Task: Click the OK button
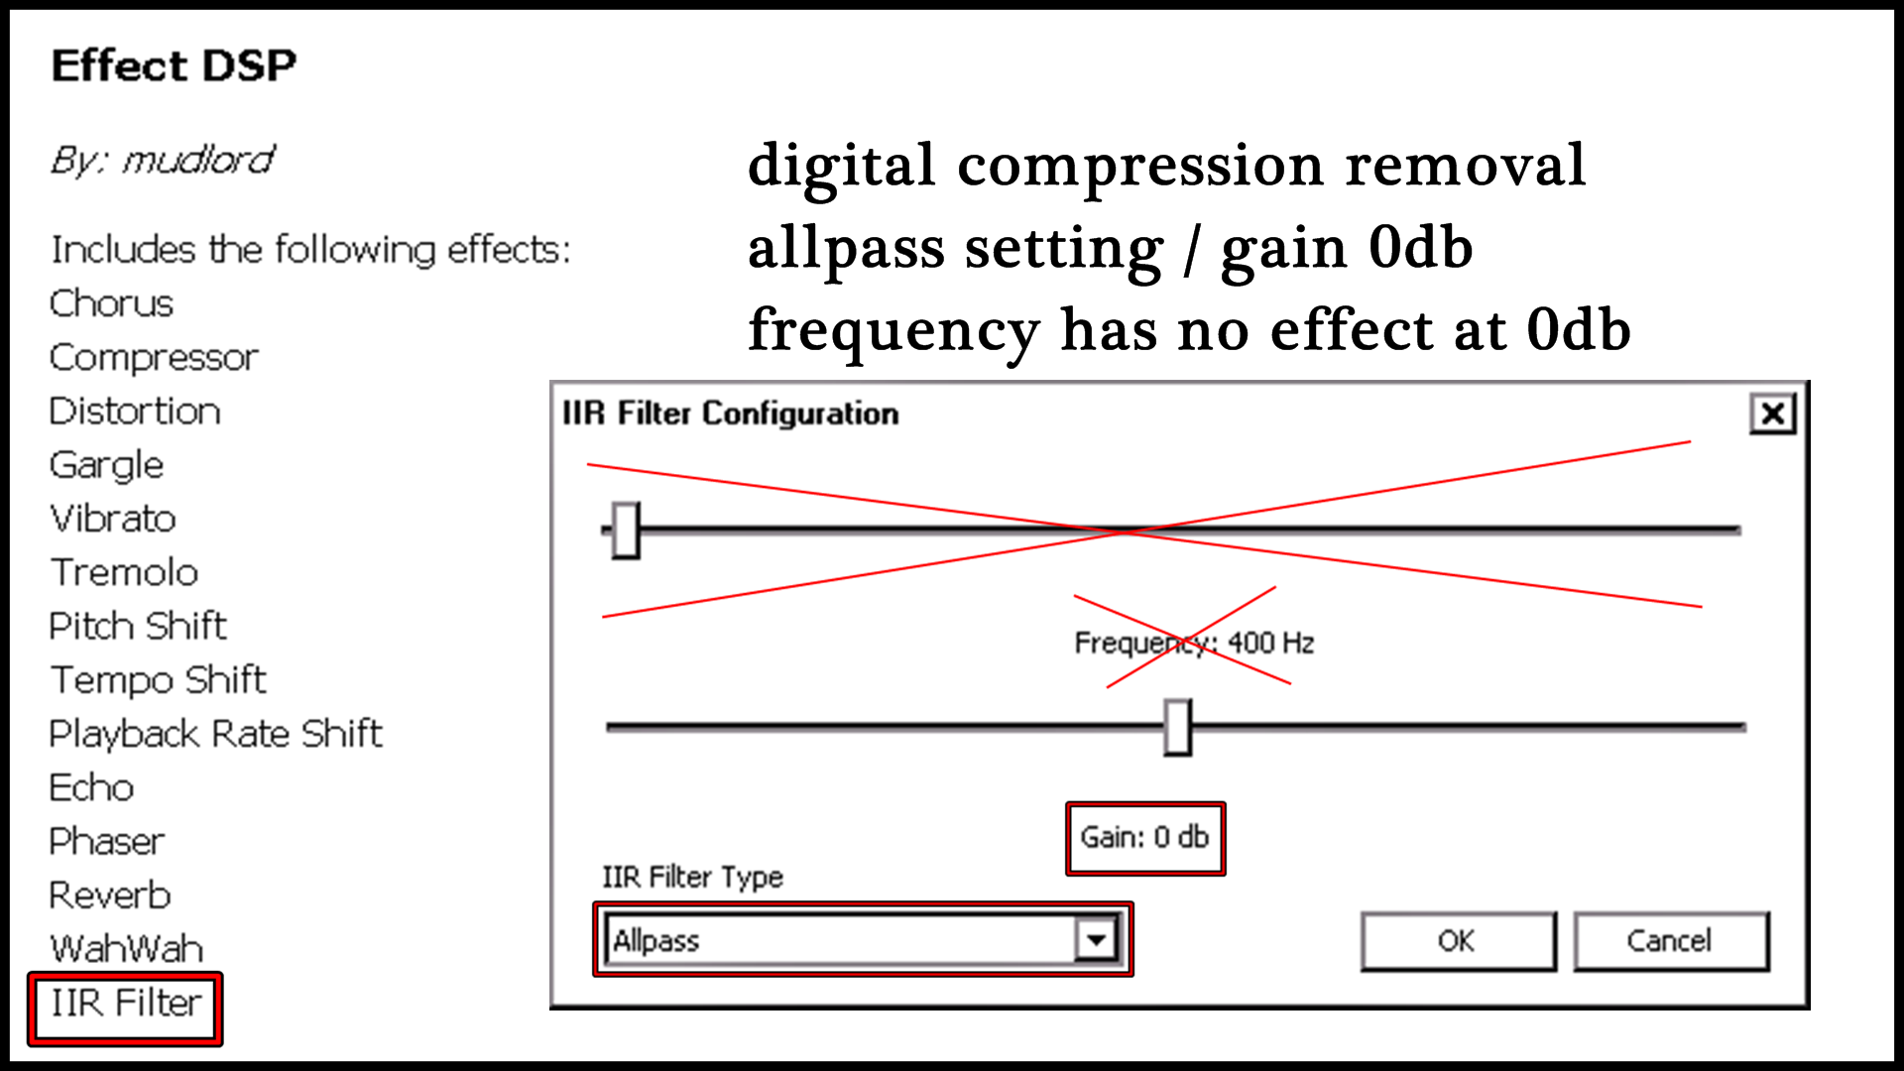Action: [x=1458, y=940]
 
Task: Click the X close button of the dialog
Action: [x=1772, y=414]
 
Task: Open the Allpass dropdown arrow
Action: [x=1096, y=939]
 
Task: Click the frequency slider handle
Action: [x=626, y=530]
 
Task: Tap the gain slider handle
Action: [x=1177, y=727]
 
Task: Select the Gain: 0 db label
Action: [x=1144, y=837]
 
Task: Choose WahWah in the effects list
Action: [x=127, y=949]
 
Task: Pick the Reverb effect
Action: [x=110, y=895]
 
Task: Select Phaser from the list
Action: [x=107, y=842]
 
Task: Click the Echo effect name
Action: [x=91, y=787]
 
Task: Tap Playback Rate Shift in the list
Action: [x=216, y=734]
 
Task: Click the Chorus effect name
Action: [x=111, y=303]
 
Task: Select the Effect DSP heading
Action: [x=174, y=65]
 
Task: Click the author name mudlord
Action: [x=198, y=160]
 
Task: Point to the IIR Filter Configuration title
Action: [x=731, y=413]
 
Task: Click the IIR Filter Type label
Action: [x=692, y=877]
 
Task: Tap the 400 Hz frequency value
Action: [x=1271, y=643]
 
